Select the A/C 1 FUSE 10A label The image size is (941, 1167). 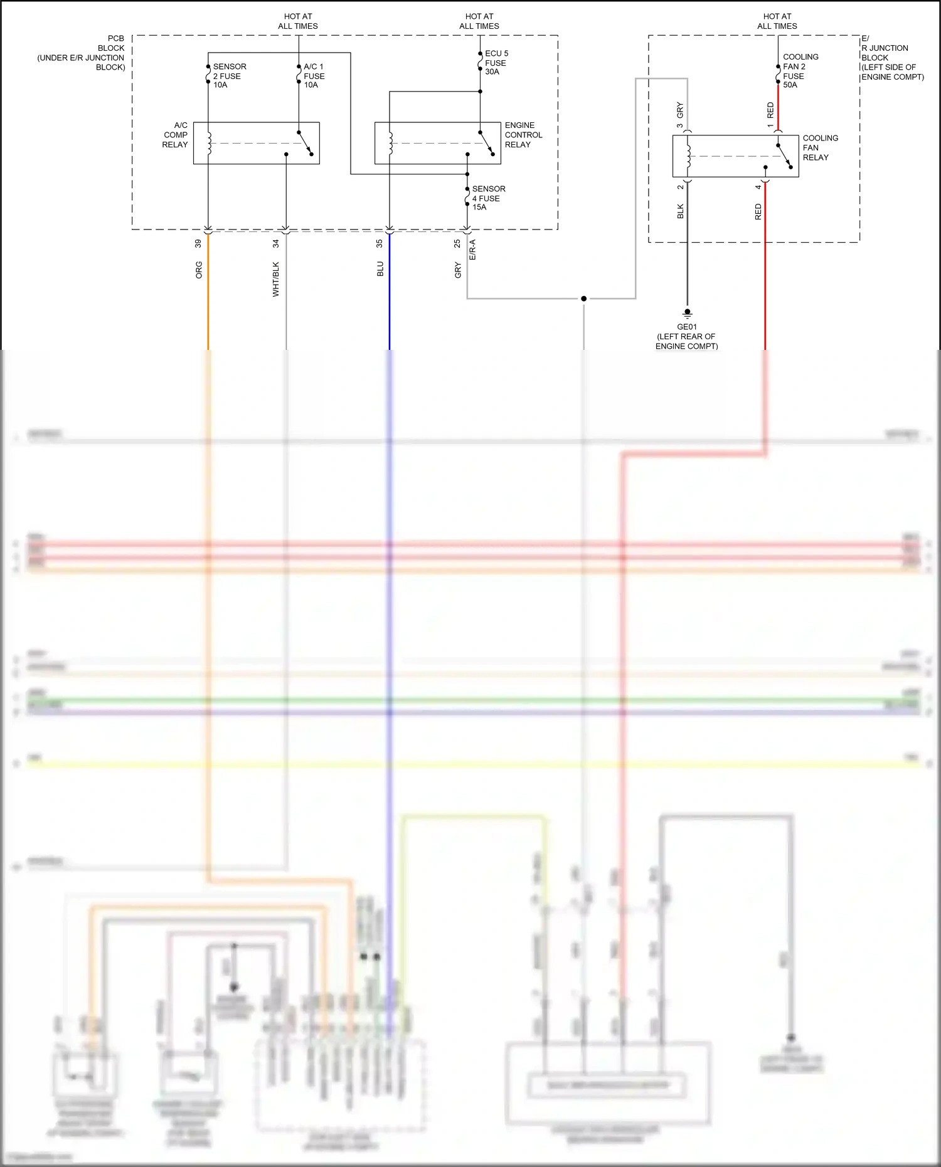click(x=314, y=76)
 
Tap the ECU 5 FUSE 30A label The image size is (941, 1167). click(x=496, y=63)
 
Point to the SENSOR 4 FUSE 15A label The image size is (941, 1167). click(x=488, y=198)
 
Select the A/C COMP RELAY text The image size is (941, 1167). click(x=175, y=135)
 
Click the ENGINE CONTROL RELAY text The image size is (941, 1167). click(x=523, y=135)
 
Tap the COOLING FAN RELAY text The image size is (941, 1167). click(x=819, y=148)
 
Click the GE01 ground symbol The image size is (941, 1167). click(x=688, y=313)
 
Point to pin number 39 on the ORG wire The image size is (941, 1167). click(x=198, y=243)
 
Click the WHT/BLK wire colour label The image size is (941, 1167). click(x=276, y=279)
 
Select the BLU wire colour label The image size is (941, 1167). click(x=380, y=270)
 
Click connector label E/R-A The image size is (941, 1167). click(x=472, y=250)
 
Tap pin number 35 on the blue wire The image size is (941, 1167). click(x=380, y=243)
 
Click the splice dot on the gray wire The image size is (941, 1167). click(x=583, y=298)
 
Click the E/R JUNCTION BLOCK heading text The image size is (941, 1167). click(x=891, y=58)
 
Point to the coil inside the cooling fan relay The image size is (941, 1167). click(x=688, y=156)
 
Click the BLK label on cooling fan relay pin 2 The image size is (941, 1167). click(x=681, y=211)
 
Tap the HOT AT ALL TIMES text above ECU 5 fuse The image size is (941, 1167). click(x=479, y=21)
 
